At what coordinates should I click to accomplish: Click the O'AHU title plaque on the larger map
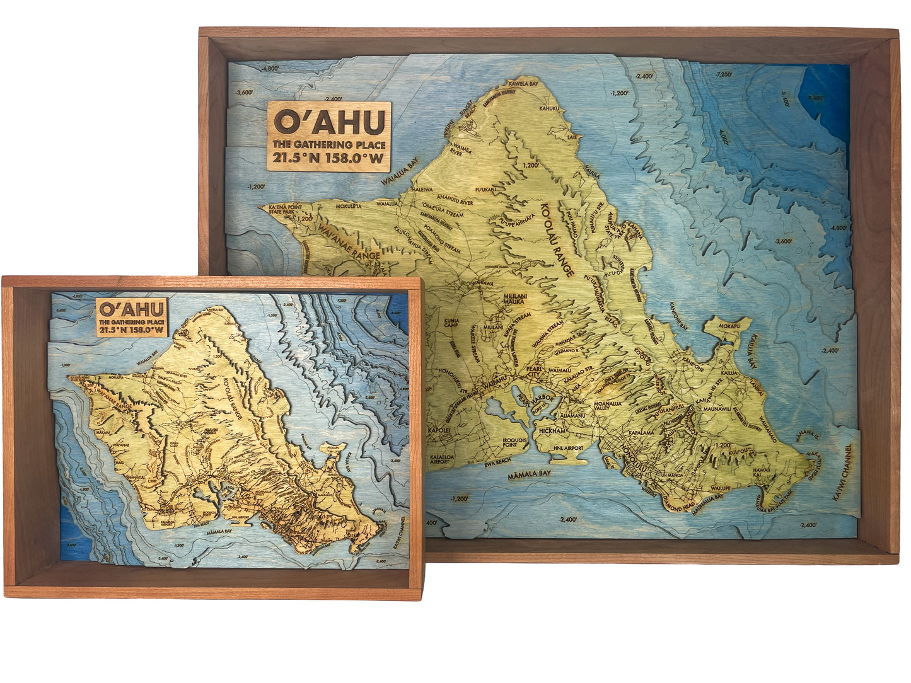click(328, 135)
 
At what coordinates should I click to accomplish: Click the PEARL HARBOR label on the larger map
click(533, 399)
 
